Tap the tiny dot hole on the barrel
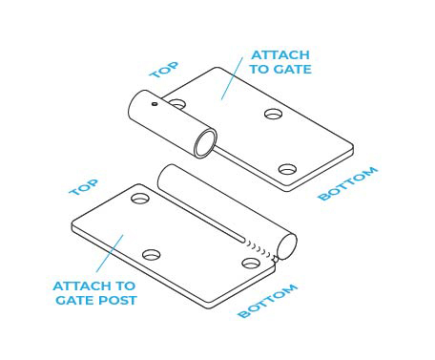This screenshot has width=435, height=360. [155, 104]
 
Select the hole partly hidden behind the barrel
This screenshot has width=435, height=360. [177, 104]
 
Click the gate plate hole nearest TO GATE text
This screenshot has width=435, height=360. [274, 114]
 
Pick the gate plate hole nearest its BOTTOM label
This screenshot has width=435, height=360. [287, 169]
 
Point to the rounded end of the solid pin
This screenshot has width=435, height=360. [287, 246]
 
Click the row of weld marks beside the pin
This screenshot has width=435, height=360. [259, 249]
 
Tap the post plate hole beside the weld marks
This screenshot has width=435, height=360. [251, 264]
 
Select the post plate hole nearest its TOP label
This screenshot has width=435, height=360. [140, 198]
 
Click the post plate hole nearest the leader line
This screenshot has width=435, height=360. [152, 255]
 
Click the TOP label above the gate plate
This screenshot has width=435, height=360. [164, 70]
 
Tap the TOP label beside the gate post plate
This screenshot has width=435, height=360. [84, 187]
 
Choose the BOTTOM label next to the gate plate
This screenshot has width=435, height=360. [348, 183]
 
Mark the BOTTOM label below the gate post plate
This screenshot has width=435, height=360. [268, 301]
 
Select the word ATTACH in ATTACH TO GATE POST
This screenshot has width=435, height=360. [82, 286]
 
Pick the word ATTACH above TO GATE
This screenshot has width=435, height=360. [280, 55]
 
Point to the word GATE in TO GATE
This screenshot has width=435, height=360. [292, 69]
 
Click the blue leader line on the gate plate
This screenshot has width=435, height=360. [232, 78]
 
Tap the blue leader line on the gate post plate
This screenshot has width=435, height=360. [110, 253]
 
